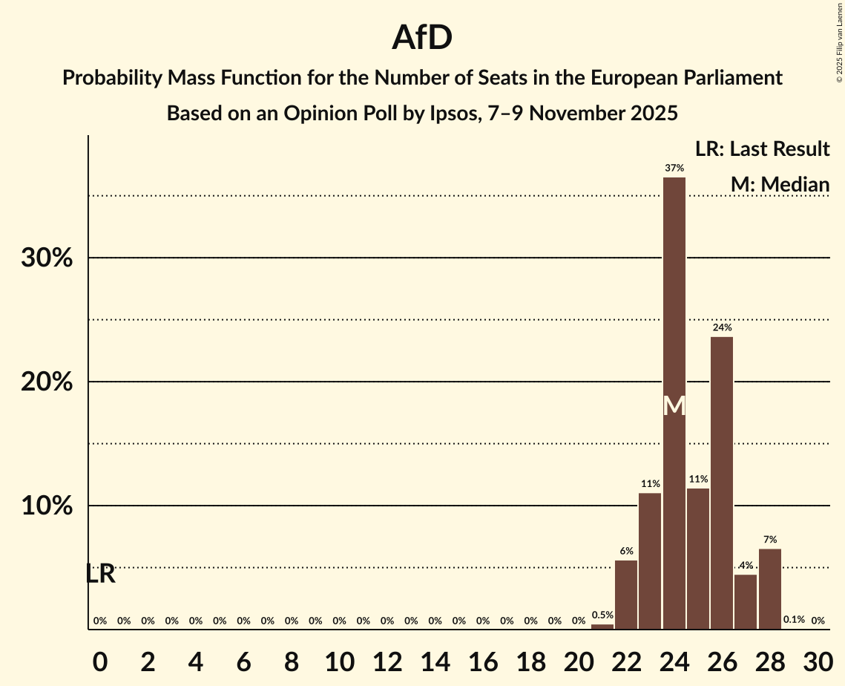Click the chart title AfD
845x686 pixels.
click(422, 38)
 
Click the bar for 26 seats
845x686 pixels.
click(722, 483)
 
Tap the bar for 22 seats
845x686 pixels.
click(626, 594)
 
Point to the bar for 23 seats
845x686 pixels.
click(650, 561)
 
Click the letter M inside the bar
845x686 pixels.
click(674, 406)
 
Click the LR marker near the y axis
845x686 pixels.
click(100, 574)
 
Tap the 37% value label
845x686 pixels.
click(674, 169)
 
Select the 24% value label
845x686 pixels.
click(722, 327)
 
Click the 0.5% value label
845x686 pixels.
click(602, 615)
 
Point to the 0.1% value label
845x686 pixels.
click(794, 620)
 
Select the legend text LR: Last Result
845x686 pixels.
click(762, 149)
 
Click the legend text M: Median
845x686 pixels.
click(779, 185)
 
